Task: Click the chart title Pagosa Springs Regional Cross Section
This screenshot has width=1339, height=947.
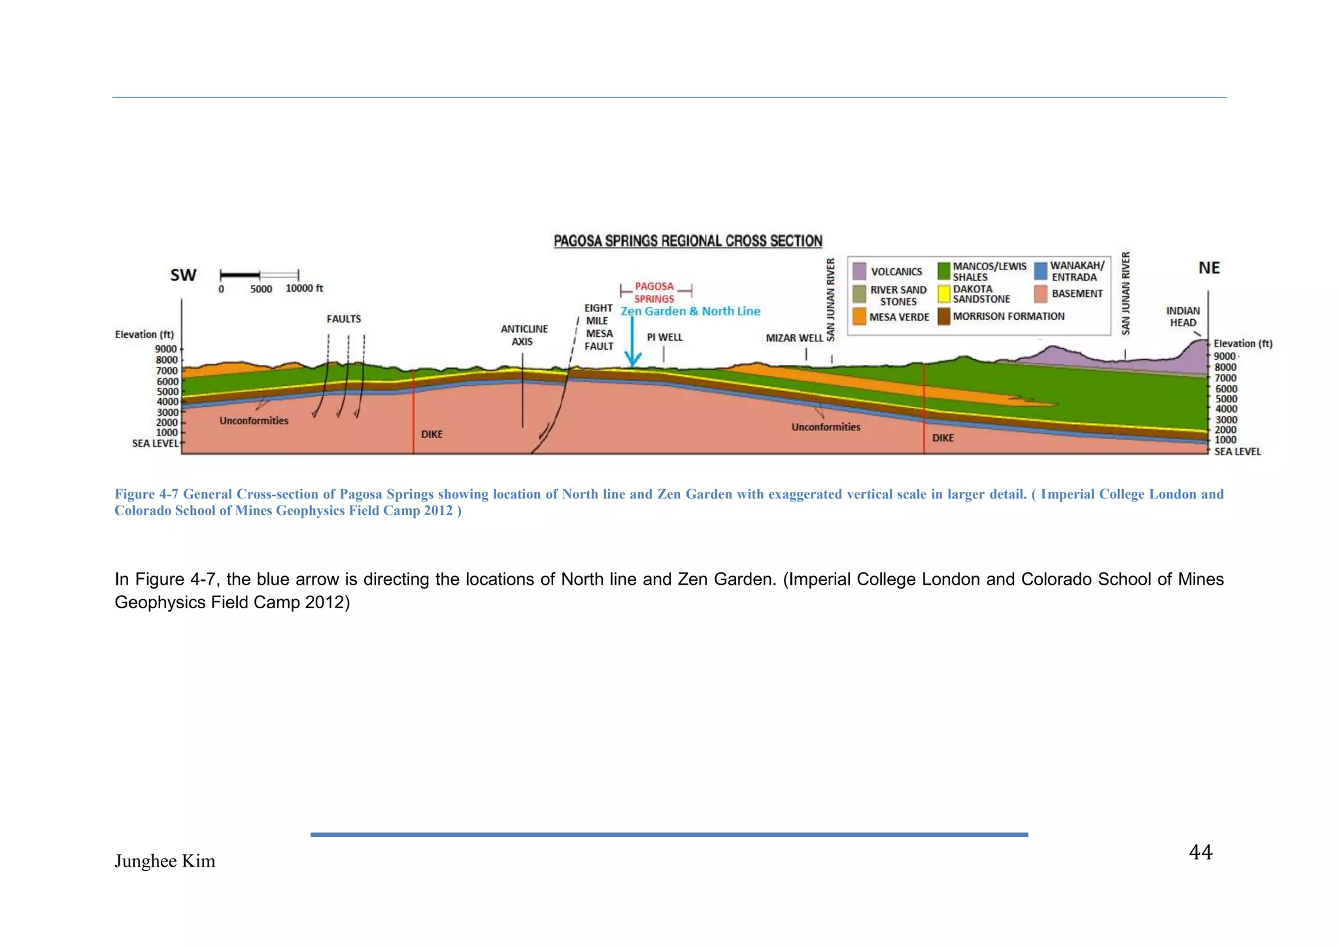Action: click(x=688, y=241)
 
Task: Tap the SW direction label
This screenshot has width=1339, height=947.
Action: click(x=183, y=275)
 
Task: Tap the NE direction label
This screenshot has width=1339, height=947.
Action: click(x=1209, y=268)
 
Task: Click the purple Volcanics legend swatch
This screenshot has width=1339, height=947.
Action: click(x=859, y=271)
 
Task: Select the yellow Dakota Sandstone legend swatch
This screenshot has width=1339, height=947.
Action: click(x=943, y=294)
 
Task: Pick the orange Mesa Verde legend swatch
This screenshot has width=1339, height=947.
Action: click(x=859, y=317)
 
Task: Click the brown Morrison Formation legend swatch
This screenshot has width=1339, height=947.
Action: click(x=943, y=317)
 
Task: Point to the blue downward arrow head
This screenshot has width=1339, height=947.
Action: click(x=632, y=360)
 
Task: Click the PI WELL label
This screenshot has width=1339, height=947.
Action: click(x=664, y=337)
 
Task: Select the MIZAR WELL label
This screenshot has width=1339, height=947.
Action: click(x=794, y=338)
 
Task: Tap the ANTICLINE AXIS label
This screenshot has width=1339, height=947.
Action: click(x=524, y=336)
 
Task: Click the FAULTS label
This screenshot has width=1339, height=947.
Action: click(x=344, y=319)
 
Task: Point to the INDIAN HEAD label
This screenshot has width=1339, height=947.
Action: click(x=1183, y=317)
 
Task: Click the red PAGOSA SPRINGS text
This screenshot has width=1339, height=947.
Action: click(x=654, y=292)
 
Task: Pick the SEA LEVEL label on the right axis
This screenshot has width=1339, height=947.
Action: click(x=1237, y=451)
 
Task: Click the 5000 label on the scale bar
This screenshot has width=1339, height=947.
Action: click(x=261, y=289)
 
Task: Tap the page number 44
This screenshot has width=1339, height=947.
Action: click(x=1200, y=852)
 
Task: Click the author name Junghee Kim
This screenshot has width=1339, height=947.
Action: click(x=165, y=861)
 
